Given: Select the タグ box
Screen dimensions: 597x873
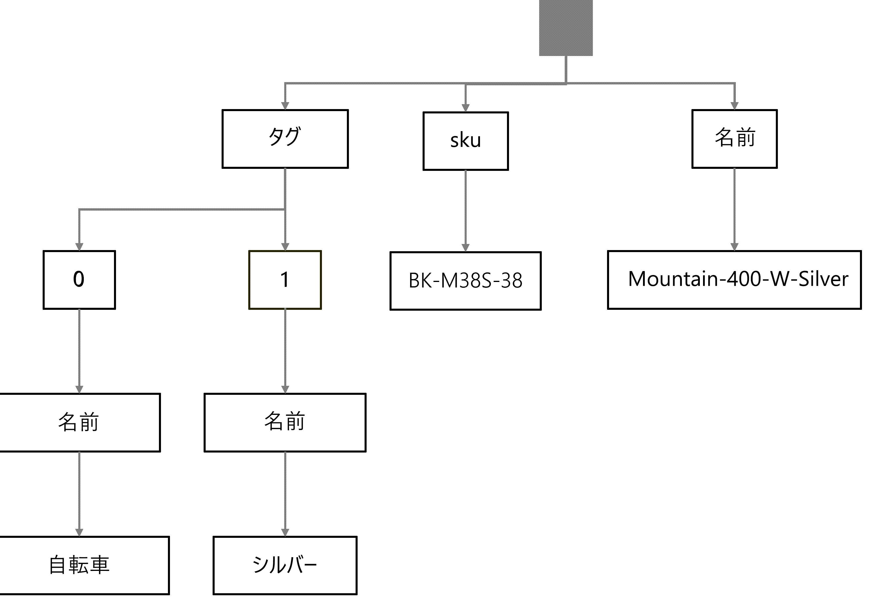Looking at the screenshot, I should point(285,139).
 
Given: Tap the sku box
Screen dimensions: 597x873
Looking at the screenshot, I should point(466,141).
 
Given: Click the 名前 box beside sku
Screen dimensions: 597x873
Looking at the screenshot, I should point(734,139).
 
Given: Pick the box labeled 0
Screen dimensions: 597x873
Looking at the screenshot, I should point(79,280).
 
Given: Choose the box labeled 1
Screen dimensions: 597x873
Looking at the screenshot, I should point(285,280).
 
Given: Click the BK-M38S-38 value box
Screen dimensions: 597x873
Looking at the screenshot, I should point(466,281).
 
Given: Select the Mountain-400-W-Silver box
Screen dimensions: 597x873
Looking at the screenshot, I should point(734,280).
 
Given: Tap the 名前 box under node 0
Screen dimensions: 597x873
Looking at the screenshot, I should point(79,422).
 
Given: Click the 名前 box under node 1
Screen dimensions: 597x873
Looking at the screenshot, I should point(285,422).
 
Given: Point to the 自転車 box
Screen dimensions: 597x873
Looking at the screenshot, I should point(79,565).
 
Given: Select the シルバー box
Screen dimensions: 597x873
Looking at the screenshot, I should point(285,565).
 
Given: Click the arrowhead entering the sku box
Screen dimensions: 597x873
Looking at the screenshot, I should point(466,108).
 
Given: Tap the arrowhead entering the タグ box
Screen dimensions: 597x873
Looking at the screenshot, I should point(285,106).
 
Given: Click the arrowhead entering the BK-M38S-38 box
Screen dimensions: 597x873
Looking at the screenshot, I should point(466,248).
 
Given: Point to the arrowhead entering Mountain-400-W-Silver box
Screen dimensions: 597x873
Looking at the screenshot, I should point(734,247).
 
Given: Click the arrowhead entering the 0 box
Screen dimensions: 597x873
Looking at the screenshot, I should point(79,247).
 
